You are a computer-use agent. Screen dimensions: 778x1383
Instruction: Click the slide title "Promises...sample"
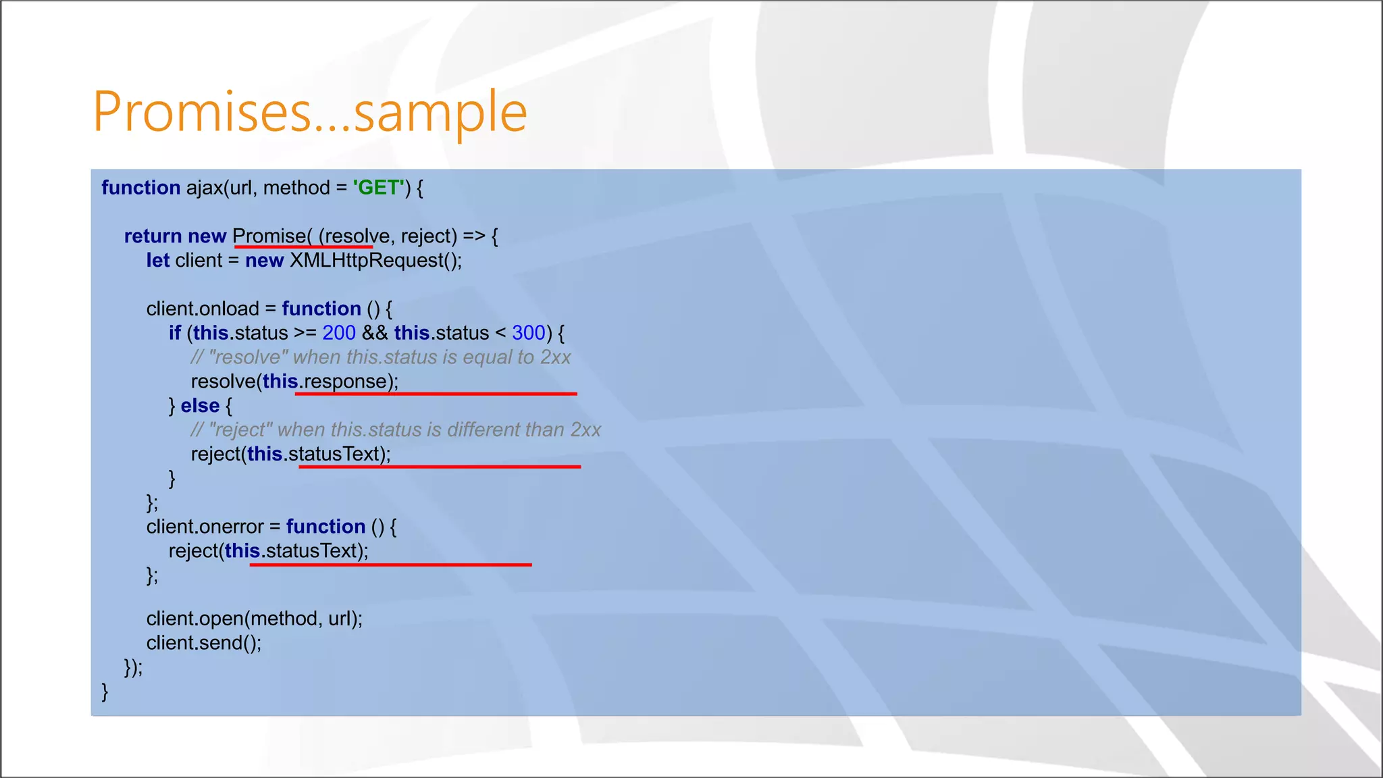309,112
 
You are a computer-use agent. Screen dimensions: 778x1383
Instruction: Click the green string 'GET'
378,188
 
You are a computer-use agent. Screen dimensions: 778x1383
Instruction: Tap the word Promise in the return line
269,236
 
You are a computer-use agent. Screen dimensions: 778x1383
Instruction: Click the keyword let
157,261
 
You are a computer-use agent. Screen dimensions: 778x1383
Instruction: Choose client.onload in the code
203,309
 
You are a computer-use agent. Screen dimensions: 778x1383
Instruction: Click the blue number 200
339,333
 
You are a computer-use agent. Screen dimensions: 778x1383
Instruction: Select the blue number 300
528,333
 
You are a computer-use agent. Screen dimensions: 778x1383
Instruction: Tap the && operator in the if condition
375,333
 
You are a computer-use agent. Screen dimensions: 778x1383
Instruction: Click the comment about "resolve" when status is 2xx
381,357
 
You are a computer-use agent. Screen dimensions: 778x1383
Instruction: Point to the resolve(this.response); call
294,382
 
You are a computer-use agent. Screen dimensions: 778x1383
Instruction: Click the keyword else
200,406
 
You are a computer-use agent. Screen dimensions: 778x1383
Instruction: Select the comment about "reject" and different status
396,430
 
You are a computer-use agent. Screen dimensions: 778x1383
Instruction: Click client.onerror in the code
205,527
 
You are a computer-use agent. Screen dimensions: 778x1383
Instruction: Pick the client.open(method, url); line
255,619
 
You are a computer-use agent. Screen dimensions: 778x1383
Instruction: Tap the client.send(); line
204,643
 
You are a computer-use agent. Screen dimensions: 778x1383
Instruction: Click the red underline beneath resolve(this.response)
436,393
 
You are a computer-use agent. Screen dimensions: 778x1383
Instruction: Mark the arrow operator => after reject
474,236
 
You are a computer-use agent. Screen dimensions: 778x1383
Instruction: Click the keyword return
153,236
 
